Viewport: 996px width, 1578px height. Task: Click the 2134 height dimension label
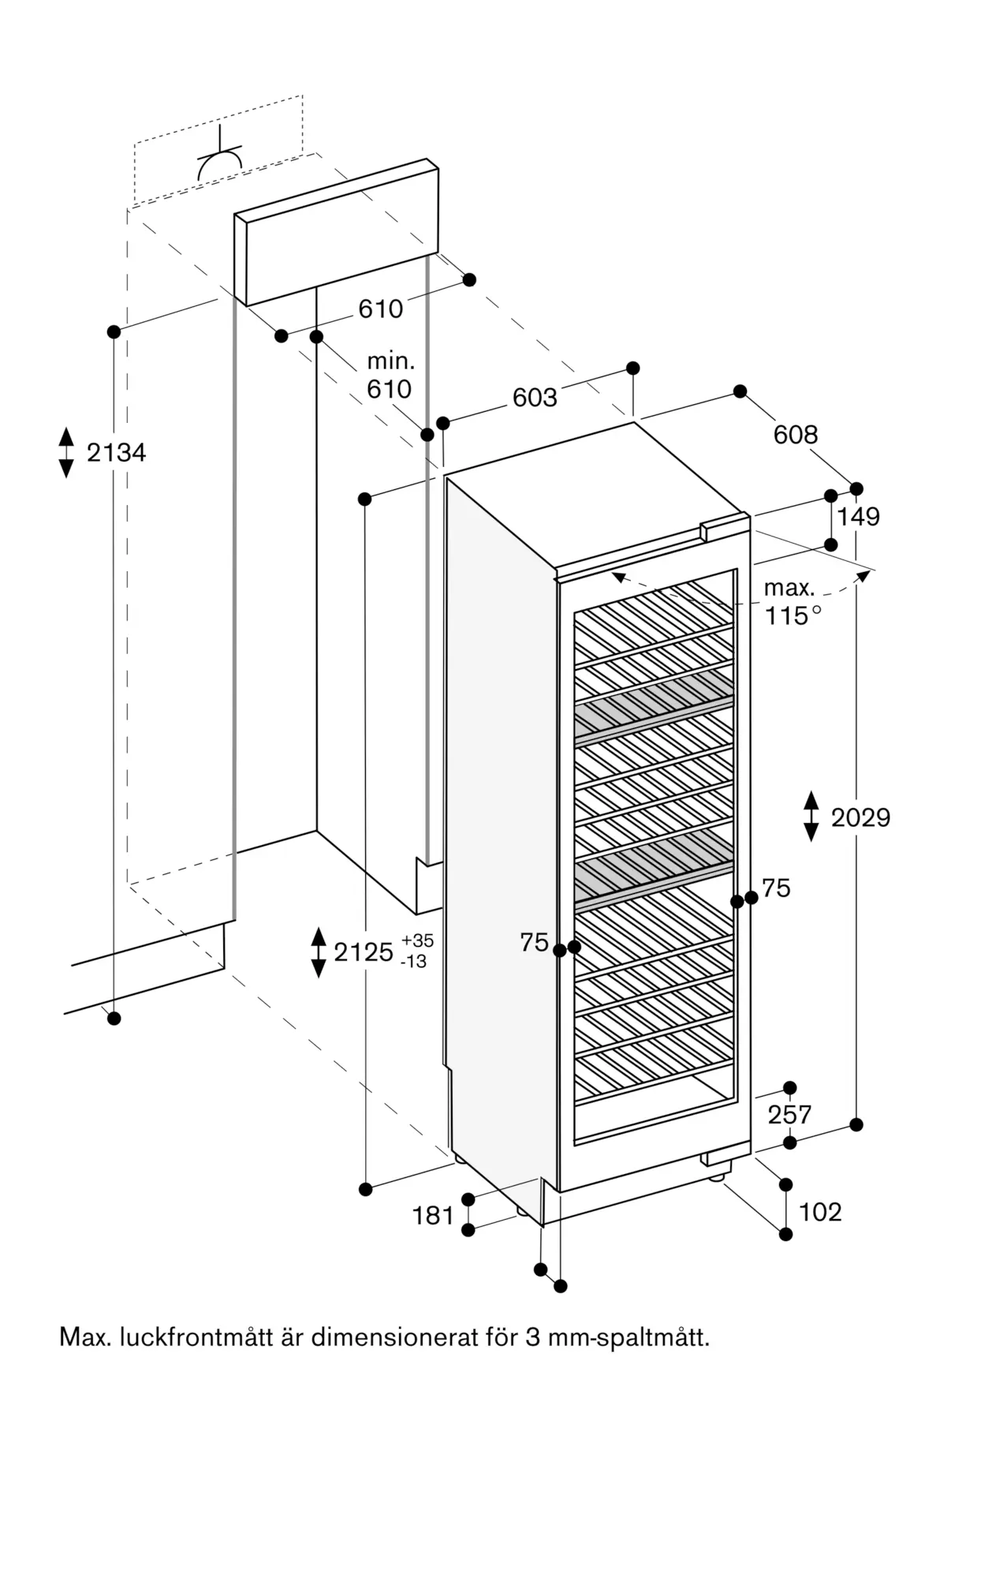tap(116, 453)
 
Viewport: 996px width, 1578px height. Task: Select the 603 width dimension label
tap(535, 398)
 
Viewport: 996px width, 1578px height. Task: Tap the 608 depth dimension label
tap(796, 434)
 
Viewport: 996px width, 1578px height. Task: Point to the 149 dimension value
tap(858, 517)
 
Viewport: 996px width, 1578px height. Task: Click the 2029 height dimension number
tap(860, 817)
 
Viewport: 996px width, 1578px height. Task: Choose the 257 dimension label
tap(789, 1114)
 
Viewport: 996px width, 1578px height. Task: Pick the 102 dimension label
tap(820, 1212)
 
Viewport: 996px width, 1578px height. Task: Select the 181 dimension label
tap(433, 1216)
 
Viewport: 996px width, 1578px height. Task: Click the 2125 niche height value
tap(364, 952)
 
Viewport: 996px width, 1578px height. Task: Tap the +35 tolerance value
tap(417, 940)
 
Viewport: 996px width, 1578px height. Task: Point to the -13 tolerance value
tap(415, 962)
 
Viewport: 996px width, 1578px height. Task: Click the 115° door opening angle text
tap(793, 615)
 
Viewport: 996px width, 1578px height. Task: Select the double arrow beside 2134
tap(66, 452)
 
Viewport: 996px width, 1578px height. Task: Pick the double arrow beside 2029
tap(811, 817)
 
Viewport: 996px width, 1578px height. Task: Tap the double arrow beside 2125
tap(319, 952)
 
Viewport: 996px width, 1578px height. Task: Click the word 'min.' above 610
tap(390, 362)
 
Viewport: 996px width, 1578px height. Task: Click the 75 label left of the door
tap(534, 942)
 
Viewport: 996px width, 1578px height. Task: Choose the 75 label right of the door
tap(776, 888)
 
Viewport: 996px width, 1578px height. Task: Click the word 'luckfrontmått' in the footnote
tap(194, 1338)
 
